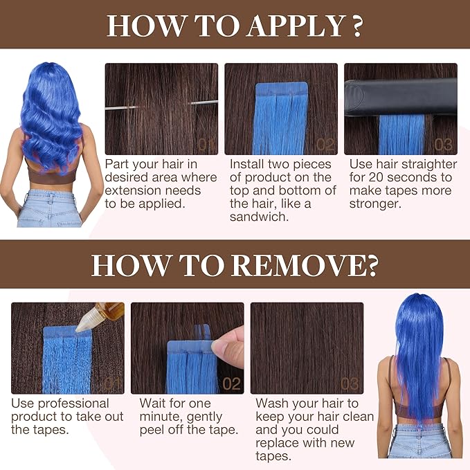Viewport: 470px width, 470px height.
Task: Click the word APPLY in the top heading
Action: pyautogui.click(x=296, y=27)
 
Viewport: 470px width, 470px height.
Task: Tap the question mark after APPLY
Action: pyautogui.click(x=357, y=26)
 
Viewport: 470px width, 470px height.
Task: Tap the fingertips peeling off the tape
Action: pyautogui.click(x=228, y=348)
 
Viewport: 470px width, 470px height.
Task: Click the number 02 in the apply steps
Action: pyautogui.click(x=325, y=145)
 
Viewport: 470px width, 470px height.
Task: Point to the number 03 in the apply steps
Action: pyautogui.click(x=443, y=145)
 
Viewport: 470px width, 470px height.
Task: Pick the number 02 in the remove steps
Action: pyautogui.click(x=231, y=384)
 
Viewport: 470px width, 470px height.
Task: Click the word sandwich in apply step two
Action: pyautogui.click(x=260, y=217)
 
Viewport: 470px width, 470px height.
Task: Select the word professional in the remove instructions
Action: pyautogui.click(x=73, y=404)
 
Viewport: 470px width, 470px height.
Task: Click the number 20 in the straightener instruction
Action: pyautogui.click(x=377, y=177)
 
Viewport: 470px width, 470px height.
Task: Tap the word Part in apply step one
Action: pyautogui.click(x=117, y=164)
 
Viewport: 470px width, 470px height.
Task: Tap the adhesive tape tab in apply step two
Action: pyautogui.click(x=282, y=89)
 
